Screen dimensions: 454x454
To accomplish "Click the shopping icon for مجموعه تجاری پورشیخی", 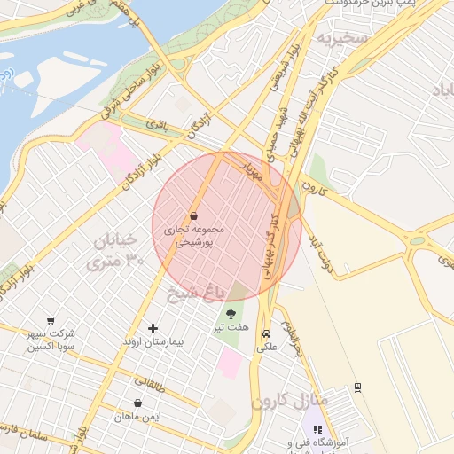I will (193, 215).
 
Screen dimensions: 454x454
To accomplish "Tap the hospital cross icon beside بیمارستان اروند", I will (153, 328).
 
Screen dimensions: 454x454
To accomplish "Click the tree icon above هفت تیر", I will (232, 313).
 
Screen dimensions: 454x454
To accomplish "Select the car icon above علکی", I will (266, 334).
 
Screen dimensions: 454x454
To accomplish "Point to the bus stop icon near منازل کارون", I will (357, 387).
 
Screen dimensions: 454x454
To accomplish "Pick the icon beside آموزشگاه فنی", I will (318, 430).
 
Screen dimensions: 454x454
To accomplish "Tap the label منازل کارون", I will (289, 401).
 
